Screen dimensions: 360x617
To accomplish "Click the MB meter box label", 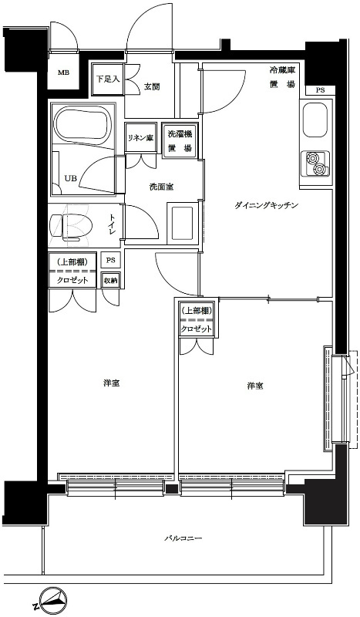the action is pos(62,72).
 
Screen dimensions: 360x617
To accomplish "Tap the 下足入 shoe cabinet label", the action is pos(107,79).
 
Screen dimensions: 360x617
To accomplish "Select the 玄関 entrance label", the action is pos(151,87).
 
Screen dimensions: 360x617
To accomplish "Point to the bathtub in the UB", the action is pos(82,125).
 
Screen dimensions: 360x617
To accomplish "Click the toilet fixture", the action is pos(71,227).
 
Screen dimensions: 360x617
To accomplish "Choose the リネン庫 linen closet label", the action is pos(140,138).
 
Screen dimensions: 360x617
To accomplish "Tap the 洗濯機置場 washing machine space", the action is pos(180,140).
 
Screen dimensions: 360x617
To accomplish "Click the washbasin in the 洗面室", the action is pos(182,223).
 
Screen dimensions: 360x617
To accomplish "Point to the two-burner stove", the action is pos(316,164).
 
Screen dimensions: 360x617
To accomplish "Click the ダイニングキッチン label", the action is pos(267,205).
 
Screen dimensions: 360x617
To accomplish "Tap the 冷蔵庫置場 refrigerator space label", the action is pos(282,78).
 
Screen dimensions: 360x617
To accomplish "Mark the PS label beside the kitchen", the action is pos(320,90).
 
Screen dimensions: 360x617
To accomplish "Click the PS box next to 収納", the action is pos(110,260).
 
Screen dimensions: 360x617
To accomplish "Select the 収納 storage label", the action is pos(110,281).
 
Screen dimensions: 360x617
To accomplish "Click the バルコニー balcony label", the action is pos(183,538).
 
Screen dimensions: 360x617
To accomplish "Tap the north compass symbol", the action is pos(50,602).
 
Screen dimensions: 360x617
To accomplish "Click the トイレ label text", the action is pos(113,225).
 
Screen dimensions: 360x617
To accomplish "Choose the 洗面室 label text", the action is pos(161,187).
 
